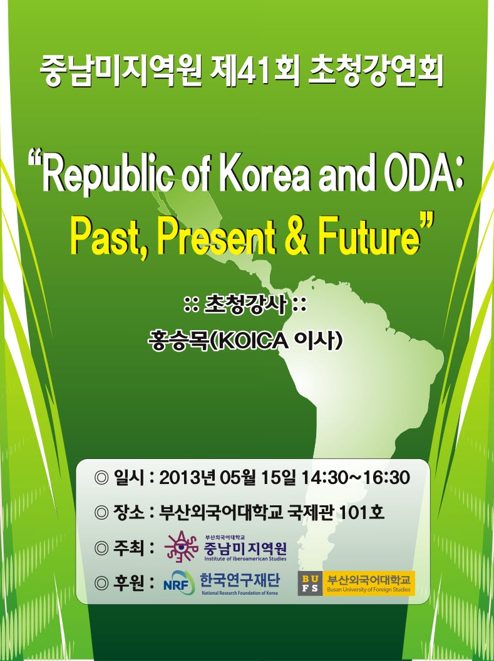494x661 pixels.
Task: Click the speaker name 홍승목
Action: pyautogui.click(x=178, y=341)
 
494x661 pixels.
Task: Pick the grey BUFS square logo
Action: pyautogui.click(x=310, y=584)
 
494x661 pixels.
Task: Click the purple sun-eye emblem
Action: pyautogui.click(x=181, y=547)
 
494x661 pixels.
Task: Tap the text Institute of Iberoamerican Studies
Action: pyautogui.click(x=245, y=558)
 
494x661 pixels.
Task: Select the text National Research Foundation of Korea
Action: pyautogui.click(x=240, y=593)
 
